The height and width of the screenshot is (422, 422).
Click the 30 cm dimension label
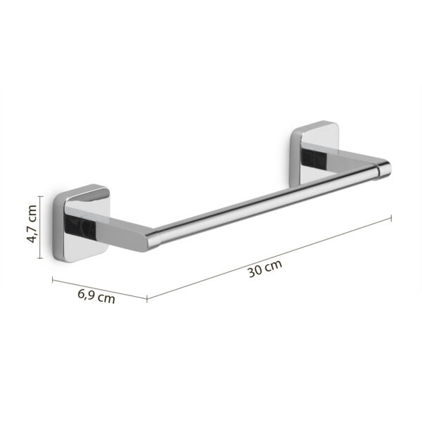pyautogui.click(x=264, y=270)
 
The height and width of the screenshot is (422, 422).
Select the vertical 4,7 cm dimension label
pyautogui.click(x=32, y=223)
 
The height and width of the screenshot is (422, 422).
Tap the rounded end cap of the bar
pyautogui.click(x=385, y=167)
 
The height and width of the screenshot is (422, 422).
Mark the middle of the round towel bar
pyautogui.click(x=267, y=204)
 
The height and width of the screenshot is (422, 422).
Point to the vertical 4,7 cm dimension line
pyautogui.click(x=41, y=223)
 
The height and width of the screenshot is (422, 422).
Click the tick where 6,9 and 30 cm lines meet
pyautogui.click(x=147, y=298)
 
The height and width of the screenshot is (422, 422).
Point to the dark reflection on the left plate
pyautogui.click(x=72, y=224)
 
